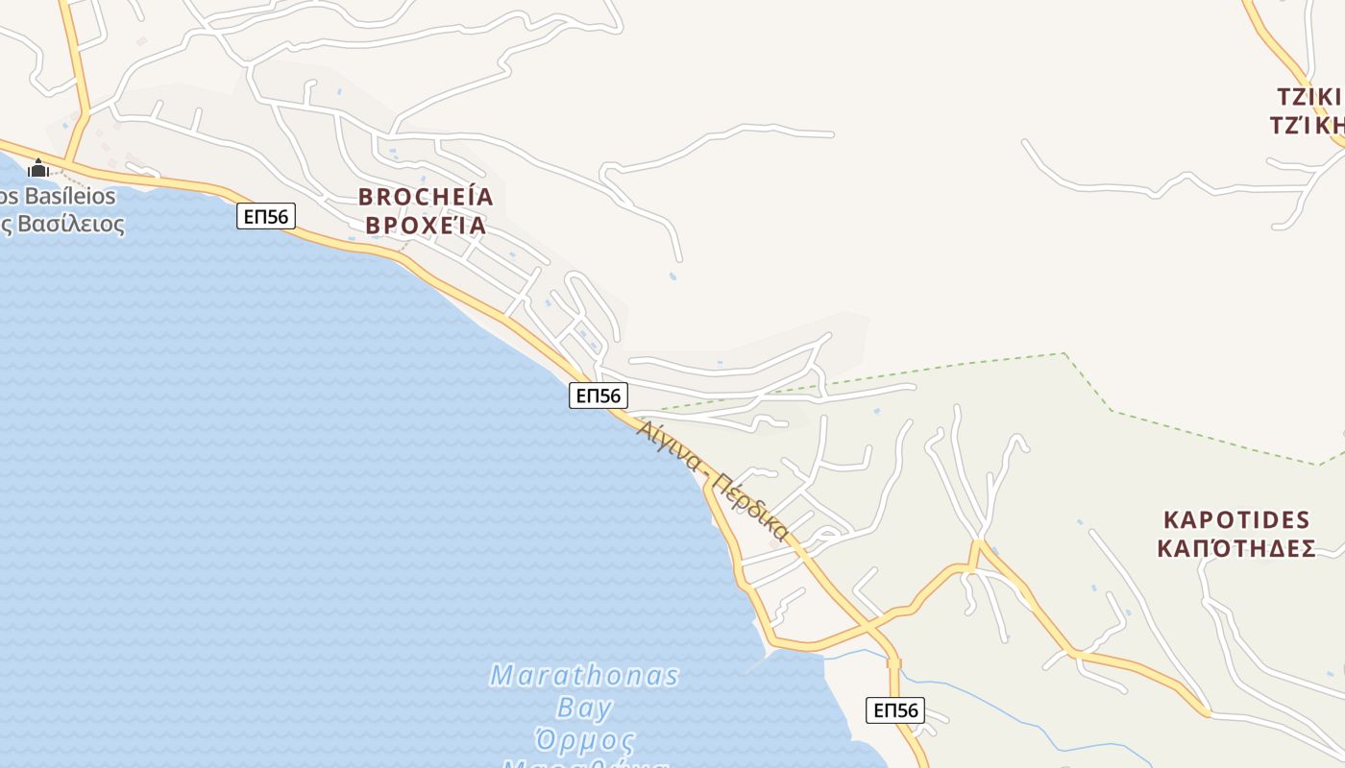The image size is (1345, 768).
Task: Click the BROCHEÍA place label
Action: pos(426,197)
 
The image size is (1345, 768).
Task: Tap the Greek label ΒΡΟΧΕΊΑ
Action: pos(426,227)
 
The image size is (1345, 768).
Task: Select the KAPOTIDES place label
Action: pos(1236,520)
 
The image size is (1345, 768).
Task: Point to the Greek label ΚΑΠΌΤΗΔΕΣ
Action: pos(1236,549)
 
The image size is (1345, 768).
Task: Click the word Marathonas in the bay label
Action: pos(584,676)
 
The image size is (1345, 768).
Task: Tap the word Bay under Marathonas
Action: pos(584,709)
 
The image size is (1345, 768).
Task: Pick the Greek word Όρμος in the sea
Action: pos(584,742)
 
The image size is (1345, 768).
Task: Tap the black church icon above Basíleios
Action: pos(38,170)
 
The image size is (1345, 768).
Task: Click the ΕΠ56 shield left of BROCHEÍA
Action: pos(266,216)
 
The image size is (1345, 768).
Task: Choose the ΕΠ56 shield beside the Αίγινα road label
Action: pos(599,395)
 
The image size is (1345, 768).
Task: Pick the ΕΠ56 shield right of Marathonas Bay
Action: pos(895,710)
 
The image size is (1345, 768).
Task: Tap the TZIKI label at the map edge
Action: pos(1308,97)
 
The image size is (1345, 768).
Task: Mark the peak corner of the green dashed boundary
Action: pos(1064,353)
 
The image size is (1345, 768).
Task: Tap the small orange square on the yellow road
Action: pos(894,663)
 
